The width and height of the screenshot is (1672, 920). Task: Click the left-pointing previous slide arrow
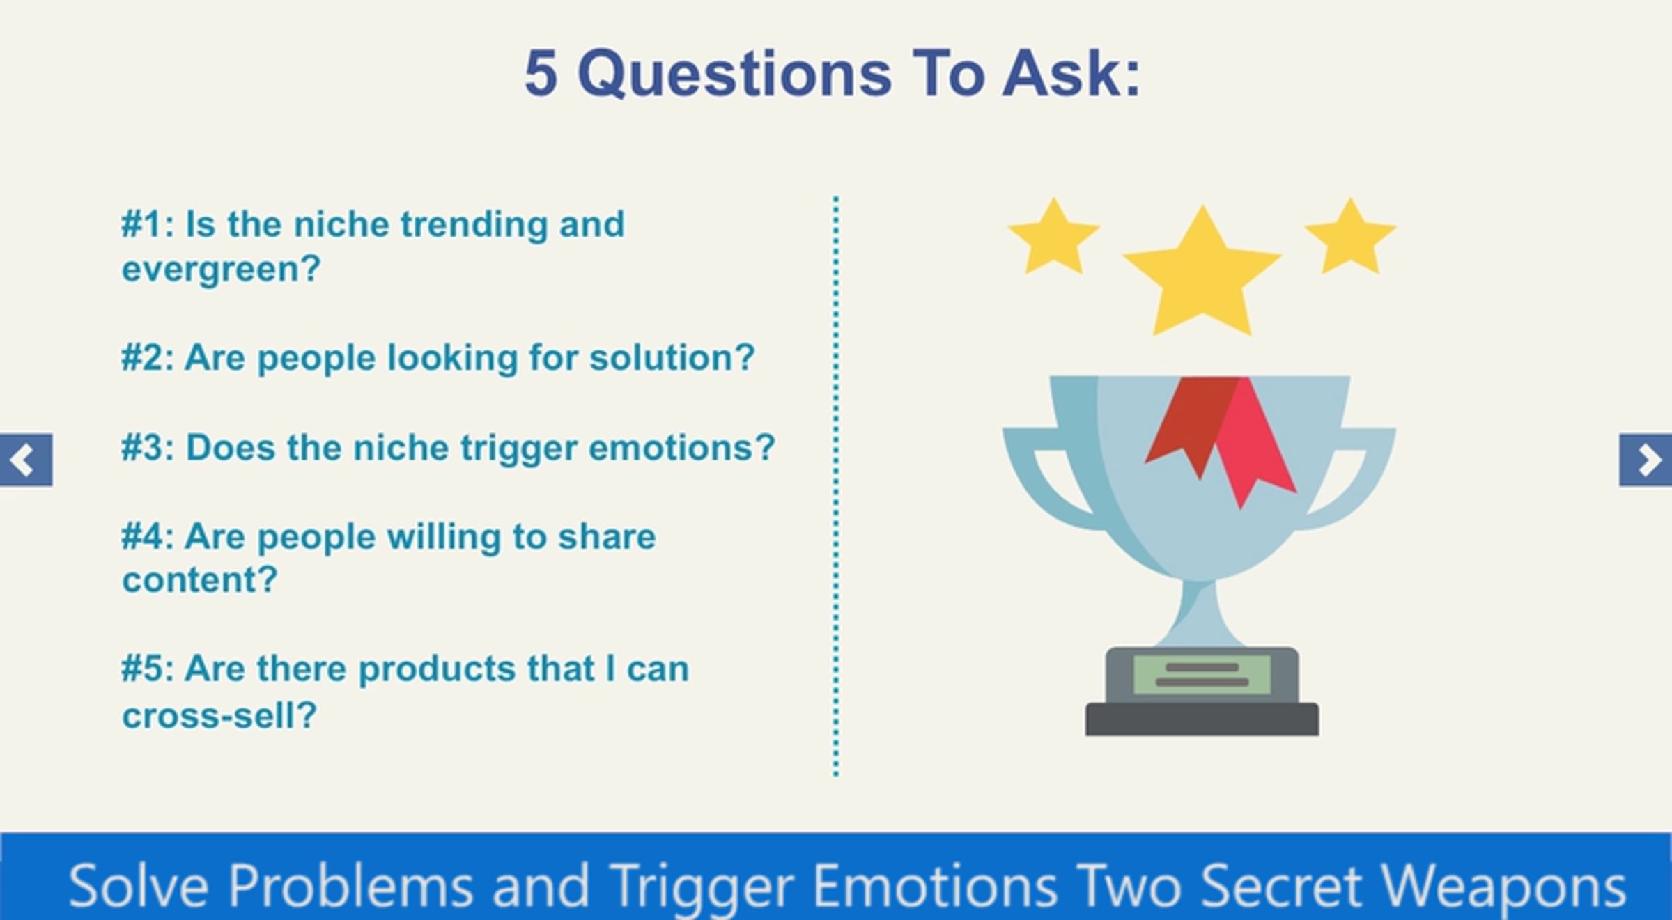click(x=26, y=460)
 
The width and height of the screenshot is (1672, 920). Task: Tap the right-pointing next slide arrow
click(x=1646, y=460)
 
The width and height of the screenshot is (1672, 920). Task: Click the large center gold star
click(x=1202, y=272)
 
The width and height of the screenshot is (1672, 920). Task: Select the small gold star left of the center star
click(x=1054, y=237)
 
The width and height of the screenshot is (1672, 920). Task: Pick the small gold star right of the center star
click(x=1351, y=237)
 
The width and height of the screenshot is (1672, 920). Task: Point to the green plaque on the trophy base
click(x=1202, y=674)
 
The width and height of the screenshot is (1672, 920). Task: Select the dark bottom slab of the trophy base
click(x=1202, y=719)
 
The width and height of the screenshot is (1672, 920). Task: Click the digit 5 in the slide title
click(x=541, y=73)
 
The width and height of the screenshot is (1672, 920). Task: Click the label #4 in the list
click(x=144, y=536)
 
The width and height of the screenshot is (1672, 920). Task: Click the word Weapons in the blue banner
click(x=1503, y=887)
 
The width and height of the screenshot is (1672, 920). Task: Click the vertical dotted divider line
click(x=836, y=486)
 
